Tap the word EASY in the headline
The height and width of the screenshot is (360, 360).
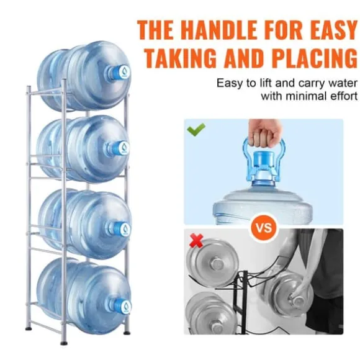[x=333, y=30]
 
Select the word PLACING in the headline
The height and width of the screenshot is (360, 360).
[x=315, y=58]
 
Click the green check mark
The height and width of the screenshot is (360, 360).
[x=196, y=130]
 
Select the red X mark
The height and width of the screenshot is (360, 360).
[x=196, y=241]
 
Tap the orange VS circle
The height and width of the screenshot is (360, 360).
[x=264, y=228]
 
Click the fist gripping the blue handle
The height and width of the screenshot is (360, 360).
[x=264, y=134]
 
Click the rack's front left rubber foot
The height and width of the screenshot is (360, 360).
[x=64, y=344]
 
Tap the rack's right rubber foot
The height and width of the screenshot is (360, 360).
[x=127, y=332]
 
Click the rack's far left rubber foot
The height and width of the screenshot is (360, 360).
[x=29, y=329]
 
